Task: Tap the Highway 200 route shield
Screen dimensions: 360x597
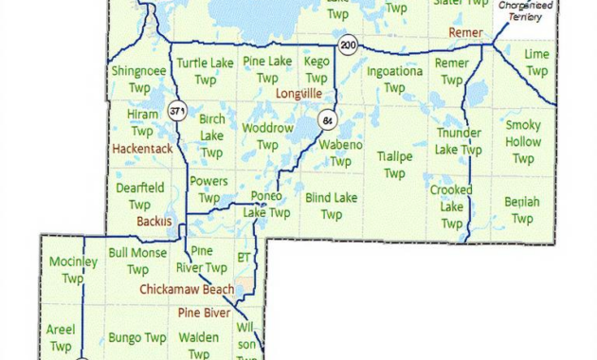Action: coord(350,45)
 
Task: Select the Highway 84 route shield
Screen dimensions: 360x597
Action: coord(328,121)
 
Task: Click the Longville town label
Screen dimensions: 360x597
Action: coord(298,95)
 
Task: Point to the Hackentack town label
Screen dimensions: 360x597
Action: coord(140,149)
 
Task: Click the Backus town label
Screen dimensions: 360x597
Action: coord(154,221)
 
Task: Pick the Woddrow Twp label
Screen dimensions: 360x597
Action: coord(268,135)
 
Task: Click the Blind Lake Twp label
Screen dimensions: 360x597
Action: coord(332,206)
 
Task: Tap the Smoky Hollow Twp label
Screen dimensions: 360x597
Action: coord(523,142)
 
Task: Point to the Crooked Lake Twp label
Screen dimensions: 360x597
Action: coord(451,207)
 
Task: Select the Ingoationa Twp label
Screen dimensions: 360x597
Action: coord(395,79)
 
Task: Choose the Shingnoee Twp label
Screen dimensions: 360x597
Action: coord(139,79)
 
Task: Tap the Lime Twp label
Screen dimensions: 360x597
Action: coord(537,63)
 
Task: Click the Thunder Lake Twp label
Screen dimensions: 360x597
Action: coord(458,141)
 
